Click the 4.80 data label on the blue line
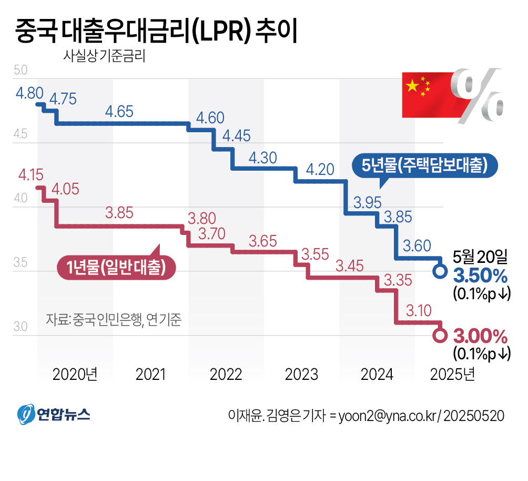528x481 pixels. pyautogui.click(x=29, y=94)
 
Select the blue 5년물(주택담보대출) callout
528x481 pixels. pyautogui.click(x=424, y=165)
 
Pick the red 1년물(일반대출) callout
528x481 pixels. pyautogui.click(x=116, y=267)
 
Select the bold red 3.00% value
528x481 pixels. pyautogui.click(x=480, y=336)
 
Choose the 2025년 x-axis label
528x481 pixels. pyautogui.click(x=452, y=374)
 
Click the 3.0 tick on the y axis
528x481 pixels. pyautogui.click(x=20, y=327)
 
